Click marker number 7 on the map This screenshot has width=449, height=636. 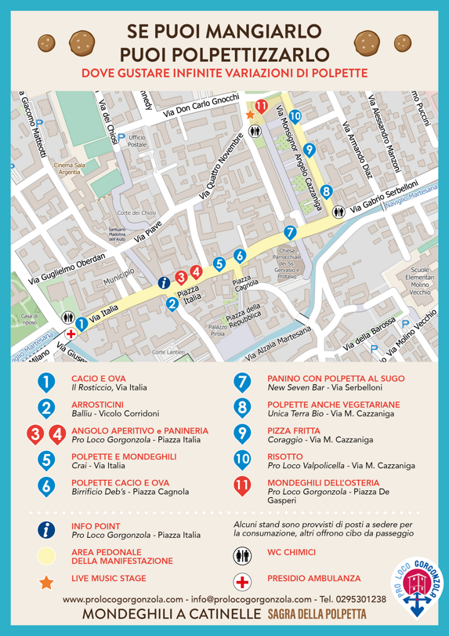pyautogui.click(x=290, y=232)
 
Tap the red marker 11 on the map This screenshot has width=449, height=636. pyautogui.click(x=261, y=107)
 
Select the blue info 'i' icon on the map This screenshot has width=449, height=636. pyautogui.click(x=164, y=282)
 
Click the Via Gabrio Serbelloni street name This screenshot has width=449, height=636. pyautogui.click(x=386, y=202)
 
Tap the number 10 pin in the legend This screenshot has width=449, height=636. pyautogui.click(x=242, y=460)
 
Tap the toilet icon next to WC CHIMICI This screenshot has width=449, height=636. pyautogui.click(x=243, y=556)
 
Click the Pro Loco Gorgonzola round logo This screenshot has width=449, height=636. pyautogui.click(x=417, y=585)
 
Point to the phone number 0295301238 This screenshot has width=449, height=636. pyautogui.click(x=357, y=599)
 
